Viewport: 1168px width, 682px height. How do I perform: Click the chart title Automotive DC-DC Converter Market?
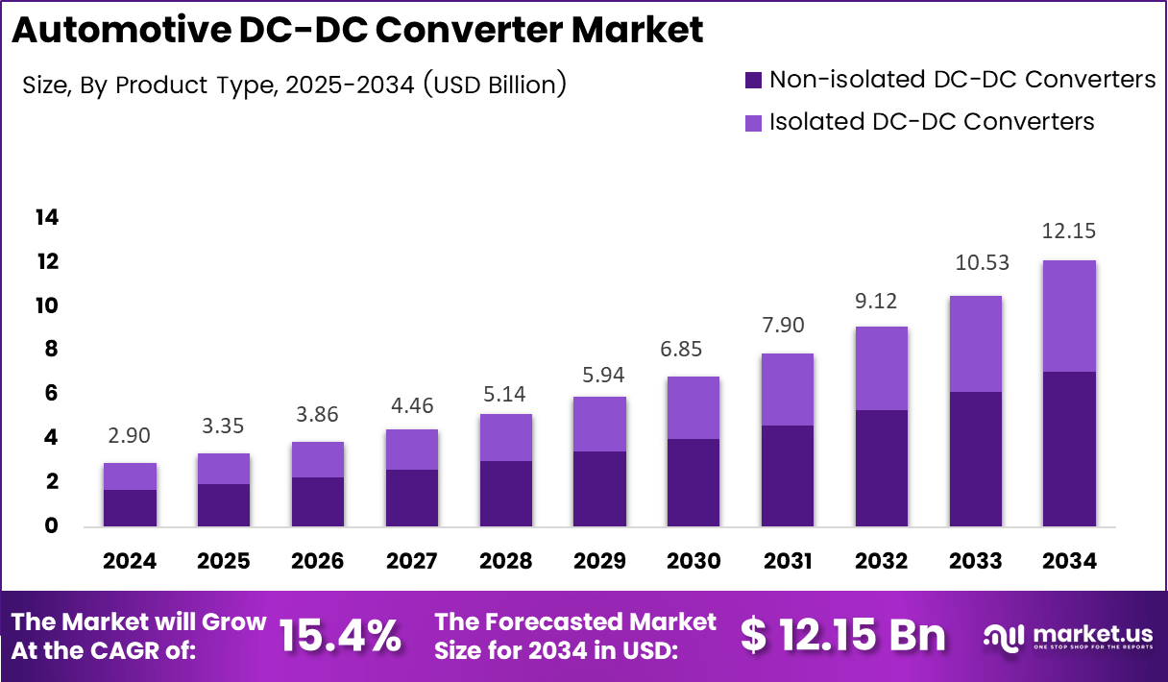click(357, 31)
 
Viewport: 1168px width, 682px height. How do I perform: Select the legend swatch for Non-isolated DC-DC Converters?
click(753, 80)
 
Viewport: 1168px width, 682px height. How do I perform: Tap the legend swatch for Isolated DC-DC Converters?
click(753, 122)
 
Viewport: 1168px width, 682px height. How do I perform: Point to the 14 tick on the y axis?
click(47, 218)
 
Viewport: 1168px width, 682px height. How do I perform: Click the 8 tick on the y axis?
click(47, 350)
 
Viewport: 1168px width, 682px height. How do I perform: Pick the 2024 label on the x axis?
click(130, 561)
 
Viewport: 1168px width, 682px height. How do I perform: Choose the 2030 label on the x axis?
click(693, 561)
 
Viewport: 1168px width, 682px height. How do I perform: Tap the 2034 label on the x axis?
click(1069, 561)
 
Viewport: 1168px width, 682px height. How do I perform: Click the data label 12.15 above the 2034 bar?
click(1069, 231)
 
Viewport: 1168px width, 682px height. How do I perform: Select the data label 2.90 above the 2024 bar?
click(130, 437)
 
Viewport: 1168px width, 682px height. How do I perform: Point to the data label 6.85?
click(693, 350)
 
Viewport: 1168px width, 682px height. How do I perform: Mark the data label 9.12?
click(882, 301)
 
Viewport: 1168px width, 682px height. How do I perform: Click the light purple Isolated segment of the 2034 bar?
click(1069, 316)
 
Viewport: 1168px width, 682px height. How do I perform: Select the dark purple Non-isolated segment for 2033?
click(975, 459)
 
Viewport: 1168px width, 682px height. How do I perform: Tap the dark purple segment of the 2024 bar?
click(130, 508)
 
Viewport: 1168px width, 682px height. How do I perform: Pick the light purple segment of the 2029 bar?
click(599, 424)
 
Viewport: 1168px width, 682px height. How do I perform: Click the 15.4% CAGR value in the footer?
click(340, 636)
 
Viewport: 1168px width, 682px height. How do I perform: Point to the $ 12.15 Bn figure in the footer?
click(843, 636)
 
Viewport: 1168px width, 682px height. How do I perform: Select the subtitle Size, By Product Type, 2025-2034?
click(294, 85)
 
